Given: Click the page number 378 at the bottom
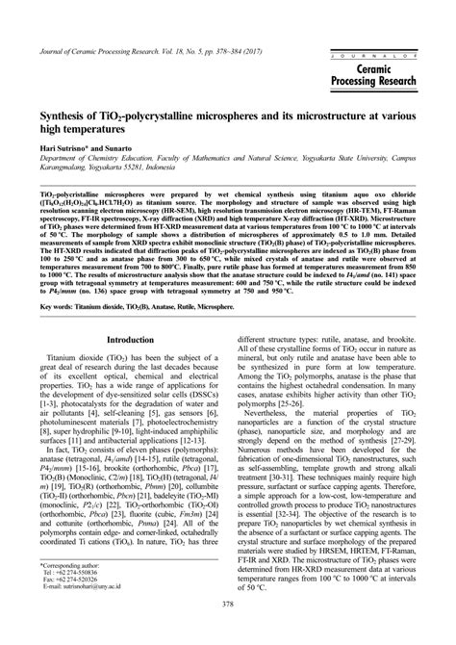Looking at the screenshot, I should click(228, 631).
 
